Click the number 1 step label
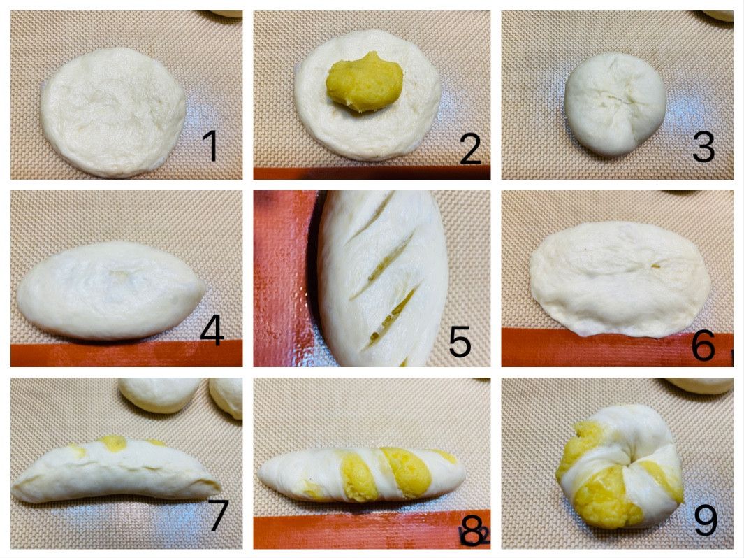click(x=210, y=145)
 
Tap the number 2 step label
click(x=470, y=149)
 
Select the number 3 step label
click(x=703, y=147)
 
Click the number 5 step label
click(x=459, y=341)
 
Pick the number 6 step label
click(x=703, y=344)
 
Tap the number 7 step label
click(x=219, y=515)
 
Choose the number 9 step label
click(x=706, y=520)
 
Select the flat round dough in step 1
click(x=113, y=112)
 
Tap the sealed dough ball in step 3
click(x=615, y=104)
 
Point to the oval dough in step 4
click(x=111, y=291)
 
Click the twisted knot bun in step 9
click(x=620, y=466)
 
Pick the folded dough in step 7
click(x=115, y=470)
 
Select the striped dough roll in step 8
click(x=362, y=474)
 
